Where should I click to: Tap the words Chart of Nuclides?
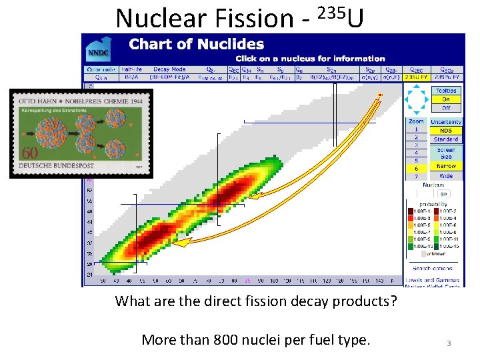point(196,45)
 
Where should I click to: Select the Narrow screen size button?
point(446,166)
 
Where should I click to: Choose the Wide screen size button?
point(446,176)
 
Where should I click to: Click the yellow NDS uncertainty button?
point(446,131)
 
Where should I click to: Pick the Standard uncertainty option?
point(446,139)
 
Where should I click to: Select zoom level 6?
point(417,169)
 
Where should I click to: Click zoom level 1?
point(417,130)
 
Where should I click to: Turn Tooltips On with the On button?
point(446,99)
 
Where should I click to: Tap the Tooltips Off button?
point(446,107)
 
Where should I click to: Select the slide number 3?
point(449,343)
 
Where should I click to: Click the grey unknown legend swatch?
point(411,253)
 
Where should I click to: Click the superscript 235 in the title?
point(330,11)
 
